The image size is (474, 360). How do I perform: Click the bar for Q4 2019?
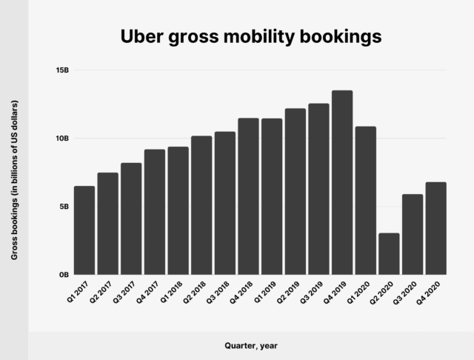(342, 182)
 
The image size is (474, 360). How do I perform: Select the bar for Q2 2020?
(389, 253)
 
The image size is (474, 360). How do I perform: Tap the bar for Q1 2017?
(84, 230)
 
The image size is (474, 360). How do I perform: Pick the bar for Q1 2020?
(365, 200)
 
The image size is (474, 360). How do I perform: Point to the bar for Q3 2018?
(224, 203)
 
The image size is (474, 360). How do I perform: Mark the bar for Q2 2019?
(295, 191)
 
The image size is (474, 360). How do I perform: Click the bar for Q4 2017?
(154, 212)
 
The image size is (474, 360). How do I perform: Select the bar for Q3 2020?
(413, 234)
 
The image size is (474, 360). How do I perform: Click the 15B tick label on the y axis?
(61, 70)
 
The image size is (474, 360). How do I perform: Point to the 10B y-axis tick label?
(61, 139)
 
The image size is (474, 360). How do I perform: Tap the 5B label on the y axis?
(64, 207)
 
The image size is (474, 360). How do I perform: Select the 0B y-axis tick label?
(64, 275)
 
